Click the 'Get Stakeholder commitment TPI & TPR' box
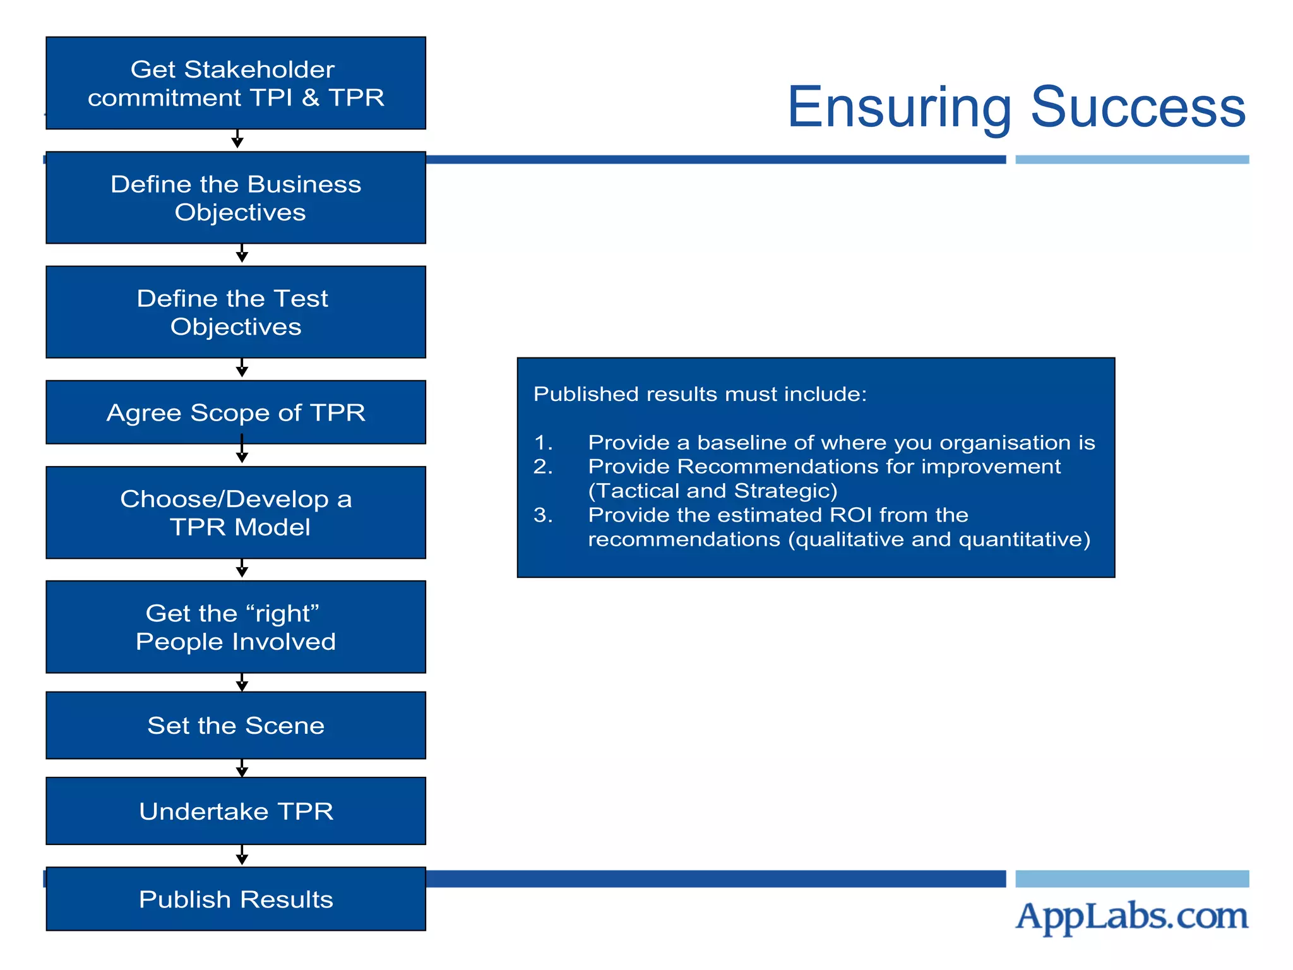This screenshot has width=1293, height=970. pos(235,83)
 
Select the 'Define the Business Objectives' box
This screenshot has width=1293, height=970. pos(235,198)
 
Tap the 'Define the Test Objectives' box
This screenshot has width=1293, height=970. pos(235,312)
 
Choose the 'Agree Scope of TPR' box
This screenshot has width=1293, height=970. pos(235,412)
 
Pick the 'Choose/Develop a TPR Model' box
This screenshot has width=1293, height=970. pos(235,512)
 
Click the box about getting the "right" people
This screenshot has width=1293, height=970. pos(235,626)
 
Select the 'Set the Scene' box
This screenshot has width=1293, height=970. pos(235,725)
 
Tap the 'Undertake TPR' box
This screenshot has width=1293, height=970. pos(235,811)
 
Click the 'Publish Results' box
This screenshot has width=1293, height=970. pos(235,899)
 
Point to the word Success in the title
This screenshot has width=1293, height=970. pos(1138,107)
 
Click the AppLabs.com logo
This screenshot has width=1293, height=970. pos(1131,916)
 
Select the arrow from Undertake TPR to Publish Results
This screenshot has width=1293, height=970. pos(242,856)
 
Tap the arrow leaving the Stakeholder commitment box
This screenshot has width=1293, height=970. pos(237,140)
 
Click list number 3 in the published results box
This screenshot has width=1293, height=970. pos(543,515)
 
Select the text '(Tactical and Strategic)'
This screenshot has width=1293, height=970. pos(712,491)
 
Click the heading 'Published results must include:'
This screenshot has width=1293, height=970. pos(700,394)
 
